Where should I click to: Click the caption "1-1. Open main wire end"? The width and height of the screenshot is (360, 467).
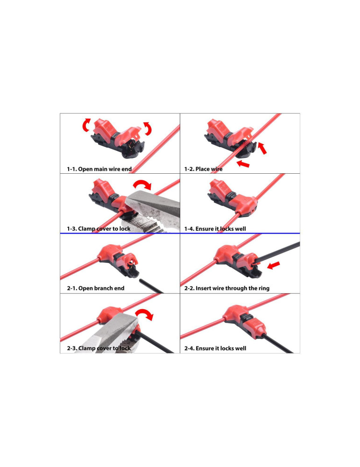tap(99, 169)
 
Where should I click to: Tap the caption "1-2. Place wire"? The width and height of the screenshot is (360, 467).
tap(204, 169)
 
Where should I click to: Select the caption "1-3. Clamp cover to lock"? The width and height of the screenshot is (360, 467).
tap(99, 229)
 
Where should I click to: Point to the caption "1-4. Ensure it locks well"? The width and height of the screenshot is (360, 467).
tap(215, 229)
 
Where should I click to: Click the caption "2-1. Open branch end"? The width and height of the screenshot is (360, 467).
tap(96, 288)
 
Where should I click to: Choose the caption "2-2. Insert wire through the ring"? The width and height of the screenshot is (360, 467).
tap(227, 288)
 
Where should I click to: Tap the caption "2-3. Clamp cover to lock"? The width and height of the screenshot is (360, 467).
tap(99, 348)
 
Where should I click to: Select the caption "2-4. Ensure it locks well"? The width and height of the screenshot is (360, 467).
tap(215, 348)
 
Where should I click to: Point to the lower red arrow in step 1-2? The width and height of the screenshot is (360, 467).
tap(243, 163)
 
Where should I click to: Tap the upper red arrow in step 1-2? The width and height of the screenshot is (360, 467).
tap(262, 148)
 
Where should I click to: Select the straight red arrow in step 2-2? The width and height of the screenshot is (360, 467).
tap(274, 265)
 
